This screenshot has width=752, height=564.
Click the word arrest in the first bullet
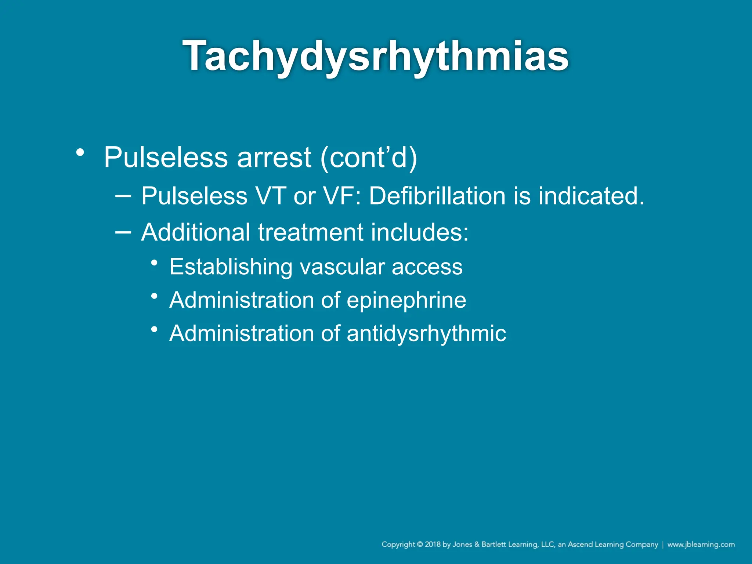coord(274,158)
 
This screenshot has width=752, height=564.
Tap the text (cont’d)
coord(369,158)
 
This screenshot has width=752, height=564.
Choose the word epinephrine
coord(406,300)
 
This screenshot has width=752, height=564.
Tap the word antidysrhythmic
coord(426,333)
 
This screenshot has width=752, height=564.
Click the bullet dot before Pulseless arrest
coord(80,152)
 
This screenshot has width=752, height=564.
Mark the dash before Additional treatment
coord(123,232)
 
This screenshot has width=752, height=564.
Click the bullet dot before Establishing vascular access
coord(155,263)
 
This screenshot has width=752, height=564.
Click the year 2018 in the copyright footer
coord(433,545)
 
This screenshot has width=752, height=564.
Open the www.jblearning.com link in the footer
coord(701,545)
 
